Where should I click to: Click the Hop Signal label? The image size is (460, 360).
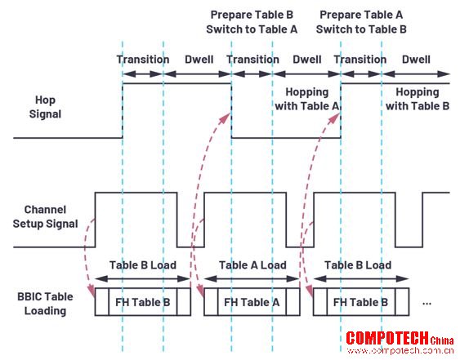click(45, 107)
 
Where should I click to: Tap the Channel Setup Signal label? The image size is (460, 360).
click(45, 216)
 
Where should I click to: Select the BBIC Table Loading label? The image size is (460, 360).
click(45, 304)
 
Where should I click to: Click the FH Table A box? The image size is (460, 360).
click(252, 302)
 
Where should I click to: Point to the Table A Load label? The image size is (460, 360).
click(252, 265)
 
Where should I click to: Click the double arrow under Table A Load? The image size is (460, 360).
click(252, 279)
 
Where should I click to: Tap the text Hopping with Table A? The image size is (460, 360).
click(307, 99)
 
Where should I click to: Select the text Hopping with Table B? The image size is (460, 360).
click(418, 99)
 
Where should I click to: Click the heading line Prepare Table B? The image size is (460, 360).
click(252, 15)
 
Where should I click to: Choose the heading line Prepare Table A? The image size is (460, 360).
click(361, 15)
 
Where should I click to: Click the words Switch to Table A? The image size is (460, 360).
click(252, 29)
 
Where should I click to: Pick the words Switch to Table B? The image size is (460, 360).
click(361, 29)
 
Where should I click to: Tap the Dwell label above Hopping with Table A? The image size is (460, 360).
click(307, 60)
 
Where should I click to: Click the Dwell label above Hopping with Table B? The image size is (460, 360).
click(416, 60)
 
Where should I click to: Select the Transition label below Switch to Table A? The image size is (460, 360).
click(252, 60)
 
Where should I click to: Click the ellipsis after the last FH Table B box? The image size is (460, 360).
click(427, 304)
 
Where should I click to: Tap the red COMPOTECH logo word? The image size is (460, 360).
click(387, 338)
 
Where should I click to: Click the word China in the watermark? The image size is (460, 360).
click(442, 340)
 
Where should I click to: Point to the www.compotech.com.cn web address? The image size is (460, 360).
click(400, 351)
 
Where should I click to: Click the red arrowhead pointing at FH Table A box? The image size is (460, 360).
click(200, 292)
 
